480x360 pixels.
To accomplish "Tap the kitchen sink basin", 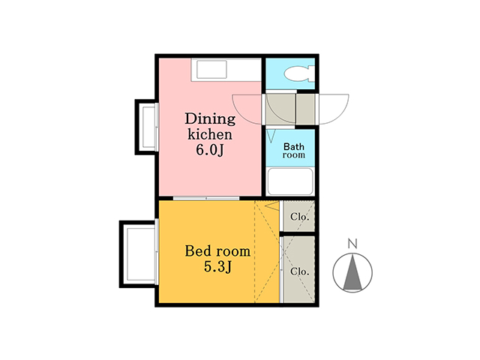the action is coord(211,70).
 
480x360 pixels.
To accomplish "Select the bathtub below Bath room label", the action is coord(290,181).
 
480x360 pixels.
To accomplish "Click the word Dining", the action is coord(210,118).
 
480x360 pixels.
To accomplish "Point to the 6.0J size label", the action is coord(210,150).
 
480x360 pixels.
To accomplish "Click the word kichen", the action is coord(210,134).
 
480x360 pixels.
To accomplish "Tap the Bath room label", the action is coord(294,151).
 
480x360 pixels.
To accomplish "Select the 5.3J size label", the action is coord(217,267).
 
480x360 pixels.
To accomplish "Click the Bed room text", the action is coord(217,251).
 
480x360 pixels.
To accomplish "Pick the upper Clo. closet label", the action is coord(299,217).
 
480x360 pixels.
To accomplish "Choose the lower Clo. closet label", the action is coord(299,271).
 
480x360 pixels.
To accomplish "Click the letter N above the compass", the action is coord(352,243).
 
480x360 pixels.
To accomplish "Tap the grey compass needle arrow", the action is coord(352,271).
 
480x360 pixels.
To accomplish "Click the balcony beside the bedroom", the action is coord(138,254).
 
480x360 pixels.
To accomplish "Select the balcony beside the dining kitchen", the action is coord(147,127).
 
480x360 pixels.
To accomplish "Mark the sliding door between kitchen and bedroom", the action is coord(206,198).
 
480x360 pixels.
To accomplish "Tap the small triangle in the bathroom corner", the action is coord(271,136).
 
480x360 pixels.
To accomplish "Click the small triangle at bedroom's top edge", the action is coord(272,206).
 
